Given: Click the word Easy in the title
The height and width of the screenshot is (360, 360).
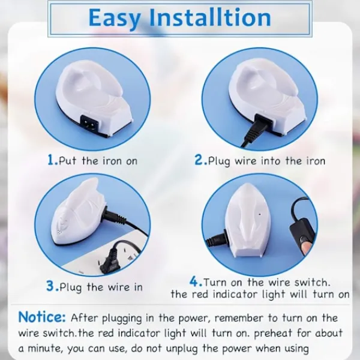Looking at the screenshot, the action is click(115, 19).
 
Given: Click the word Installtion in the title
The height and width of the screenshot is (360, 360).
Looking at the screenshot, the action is click(211, 17).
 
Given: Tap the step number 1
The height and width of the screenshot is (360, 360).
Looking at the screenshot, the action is click(52, 160).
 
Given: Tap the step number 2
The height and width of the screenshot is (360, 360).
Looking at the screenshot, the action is click(200, 160).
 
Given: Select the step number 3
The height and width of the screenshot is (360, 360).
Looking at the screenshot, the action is click(52, 286).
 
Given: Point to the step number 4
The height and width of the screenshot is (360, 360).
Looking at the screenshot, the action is click(195, 281).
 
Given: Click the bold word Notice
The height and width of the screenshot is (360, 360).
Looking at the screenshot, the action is click(42, 317).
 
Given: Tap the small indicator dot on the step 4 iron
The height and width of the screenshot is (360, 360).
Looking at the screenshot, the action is click(260, 215).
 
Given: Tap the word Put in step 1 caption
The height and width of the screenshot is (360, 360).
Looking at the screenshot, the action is click(67, 161).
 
